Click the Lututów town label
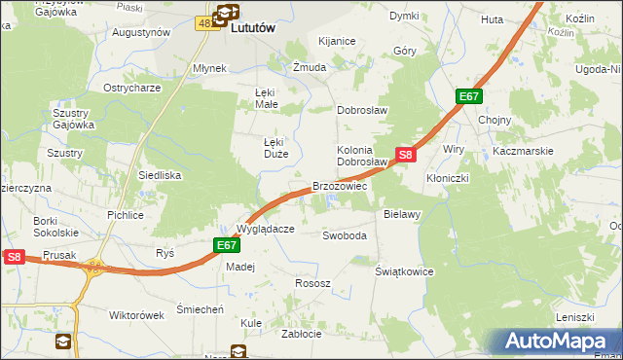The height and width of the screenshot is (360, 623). tap(253, 29)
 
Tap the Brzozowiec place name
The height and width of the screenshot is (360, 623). tap(339, 186)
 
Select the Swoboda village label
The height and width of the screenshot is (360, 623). tap(345, 235)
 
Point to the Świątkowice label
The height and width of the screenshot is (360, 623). tap(404, 271)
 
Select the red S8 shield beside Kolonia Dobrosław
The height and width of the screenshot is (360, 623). tap(406, 154)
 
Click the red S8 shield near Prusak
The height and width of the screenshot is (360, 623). tap(14, 257)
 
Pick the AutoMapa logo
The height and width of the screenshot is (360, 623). tap(556, 342)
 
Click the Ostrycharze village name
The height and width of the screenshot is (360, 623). tap(131, 88)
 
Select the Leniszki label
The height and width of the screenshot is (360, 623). tap(574, 317)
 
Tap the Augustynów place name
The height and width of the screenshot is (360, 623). tap(141, 32)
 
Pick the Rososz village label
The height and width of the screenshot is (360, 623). tap(312, 283)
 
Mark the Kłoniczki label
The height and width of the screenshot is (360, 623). tap(448, 179)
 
